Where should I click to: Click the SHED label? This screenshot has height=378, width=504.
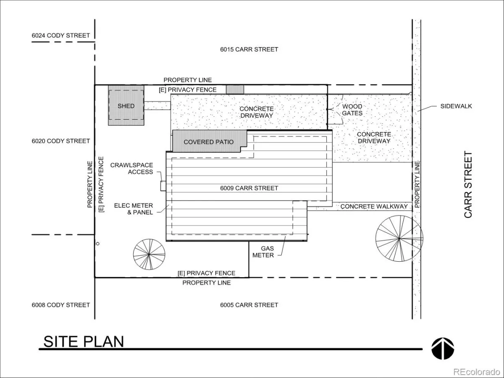(x=126, y=106)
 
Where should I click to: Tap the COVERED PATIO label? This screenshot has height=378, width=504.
(x=208, y=142)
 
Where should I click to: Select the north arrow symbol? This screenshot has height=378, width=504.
(x=443, y=349)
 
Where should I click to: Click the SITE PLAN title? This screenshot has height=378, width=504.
(x=84, y=341)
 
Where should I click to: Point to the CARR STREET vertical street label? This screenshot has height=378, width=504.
(x=468, y=184)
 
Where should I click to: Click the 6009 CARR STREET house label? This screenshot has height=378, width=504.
(x=249, y=188)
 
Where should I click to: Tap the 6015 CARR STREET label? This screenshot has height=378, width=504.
(x=249, y=49)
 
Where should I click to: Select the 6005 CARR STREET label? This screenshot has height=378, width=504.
(x=249, y=305)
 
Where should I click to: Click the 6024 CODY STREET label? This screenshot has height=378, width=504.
(x=60, y=35)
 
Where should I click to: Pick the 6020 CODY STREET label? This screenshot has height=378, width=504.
(x=60, y=141)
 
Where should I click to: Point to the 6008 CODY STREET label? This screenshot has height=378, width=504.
(x=60, y=305)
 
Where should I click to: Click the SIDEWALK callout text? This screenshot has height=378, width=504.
(x=456, y=106)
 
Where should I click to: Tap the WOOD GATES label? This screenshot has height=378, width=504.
(x=352, y=110)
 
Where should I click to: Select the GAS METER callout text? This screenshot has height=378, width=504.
(x=263, y=252)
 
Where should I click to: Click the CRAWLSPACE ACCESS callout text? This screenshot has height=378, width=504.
(x=131, y=168)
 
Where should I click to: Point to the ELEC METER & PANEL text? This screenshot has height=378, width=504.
(x=134, y=209)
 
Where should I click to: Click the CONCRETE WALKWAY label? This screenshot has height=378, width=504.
(x=374, y=207)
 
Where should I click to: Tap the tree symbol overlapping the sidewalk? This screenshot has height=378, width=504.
(x=399, y=239)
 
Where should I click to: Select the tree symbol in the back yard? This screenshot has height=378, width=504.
(x=149, y=254)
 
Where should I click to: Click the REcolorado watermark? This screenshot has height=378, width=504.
(x=477, y=372)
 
